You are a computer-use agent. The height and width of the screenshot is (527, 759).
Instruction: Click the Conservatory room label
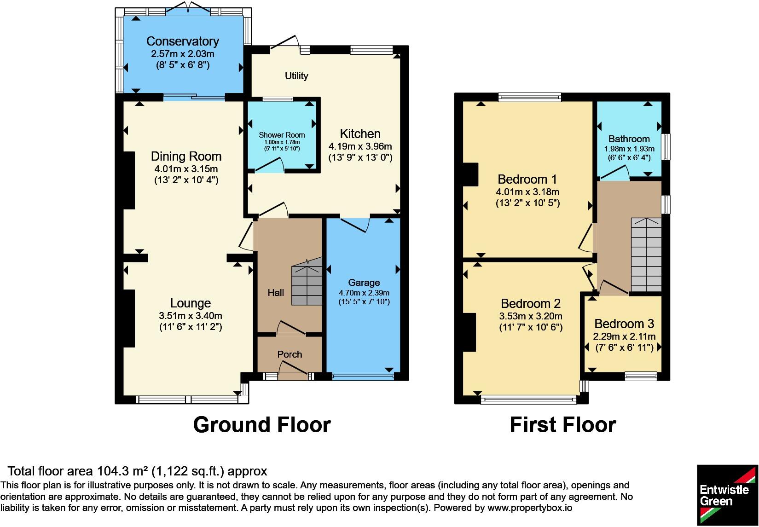click(x=183, y=41)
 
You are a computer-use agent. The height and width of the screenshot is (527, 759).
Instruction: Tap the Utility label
click(x=296, y=76)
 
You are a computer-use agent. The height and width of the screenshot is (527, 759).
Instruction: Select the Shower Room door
click(x=270, y=165)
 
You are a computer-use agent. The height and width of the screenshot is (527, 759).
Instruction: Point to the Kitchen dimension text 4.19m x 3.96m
click(x=360, y=146)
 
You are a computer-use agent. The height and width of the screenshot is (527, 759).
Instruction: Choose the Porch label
click(x=290, y=354)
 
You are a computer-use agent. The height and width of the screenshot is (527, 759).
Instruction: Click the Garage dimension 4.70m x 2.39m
click(x=364, y=293)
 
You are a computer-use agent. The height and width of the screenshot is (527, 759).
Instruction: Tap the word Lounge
click(x=191, y=303)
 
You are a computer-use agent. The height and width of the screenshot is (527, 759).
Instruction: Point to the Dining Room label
click(x=186, y=156)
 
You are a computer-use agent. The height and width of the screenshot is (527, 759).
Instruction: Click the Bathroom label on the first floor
click(x=629, y=139)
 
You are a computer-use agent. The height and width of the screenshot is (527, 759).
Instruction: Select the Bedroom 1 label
click(x=527, y=179)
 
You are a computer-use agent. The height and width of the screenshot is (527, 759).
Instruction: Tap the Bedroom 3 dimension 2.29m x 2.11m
click(x=624, y=336)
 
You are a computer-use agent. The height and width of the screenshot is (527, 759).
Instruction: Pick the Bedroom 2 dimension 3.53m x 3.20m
click(x=531, y=316)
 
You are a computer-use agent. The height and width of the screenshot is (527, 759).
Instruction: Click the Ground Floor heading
click(x=262, y=425)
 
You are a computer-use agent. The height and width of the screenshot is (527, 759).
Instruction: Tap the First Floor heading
click(x=563, y=425)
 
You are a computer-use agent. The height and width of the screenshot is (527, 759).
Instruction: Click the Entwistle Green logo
click(x=727, y=495)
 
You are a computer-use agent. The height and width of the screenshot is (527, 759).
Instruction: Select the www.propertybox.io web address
click(x=530, y=508)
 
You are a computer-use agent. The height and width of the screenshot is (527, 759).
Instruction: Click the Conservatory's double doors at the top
click(x=188, y=8)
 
